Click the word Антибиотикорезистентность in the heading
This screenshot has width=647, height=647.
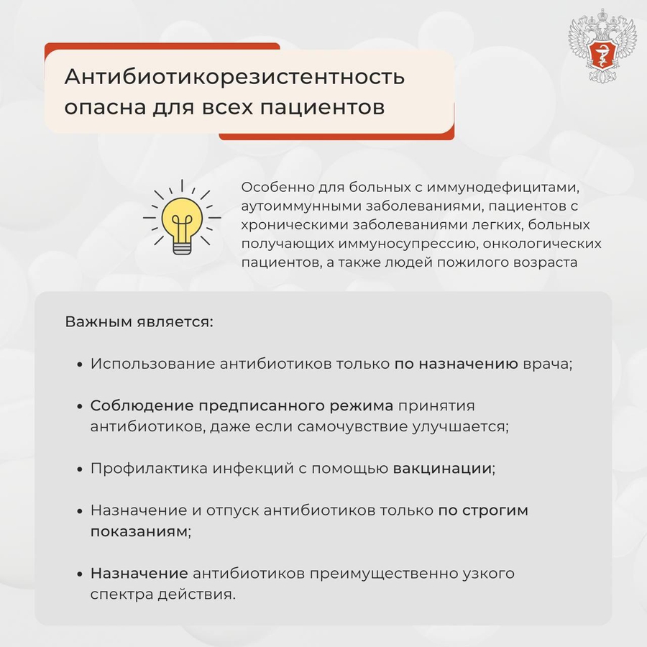click(x=234, y=77)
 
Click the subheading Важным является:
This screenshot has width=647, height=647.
click(x=139, y=321)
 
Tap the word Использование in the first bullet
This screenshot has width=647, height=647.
click(x=153, y=364)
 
